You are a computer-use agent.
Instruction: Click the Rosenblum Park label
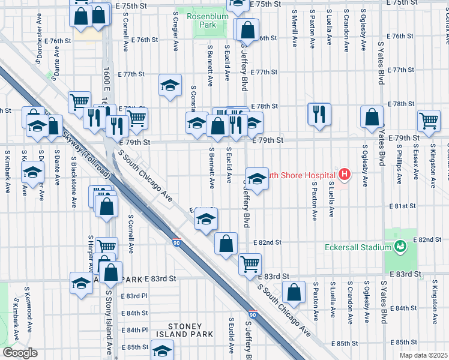(200, 20)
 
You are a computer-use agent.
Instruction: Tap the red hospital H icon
(345, 175)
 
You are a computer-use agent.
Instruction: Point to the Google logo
(19, 353)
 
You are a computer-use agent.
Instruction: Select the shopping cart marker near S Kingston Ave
(429, 120)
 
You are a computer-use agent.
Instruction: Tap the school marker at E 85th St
(161, 349)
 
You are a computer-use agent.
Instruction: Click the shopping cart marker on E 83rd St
(250, 263)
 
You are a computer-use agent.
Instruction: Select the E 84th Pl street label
(134, 330)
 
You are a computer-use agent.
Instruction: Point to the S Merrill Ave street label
(295, 28)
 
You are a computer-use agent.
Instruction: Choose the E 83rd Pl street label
(134, 296)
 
